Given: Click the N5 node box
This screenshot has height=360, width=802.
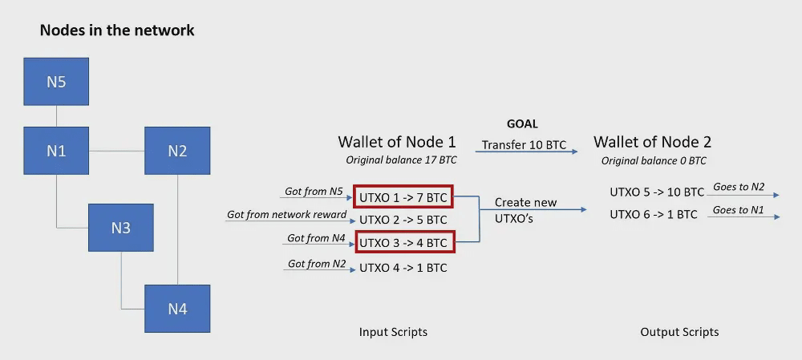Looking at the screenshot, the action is coord(56,81).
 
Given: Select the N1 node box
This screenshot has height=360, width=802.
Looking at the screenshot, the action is coord(56,151).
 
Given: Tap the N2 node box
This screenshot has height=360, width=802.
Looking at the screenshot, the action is coord(177,151).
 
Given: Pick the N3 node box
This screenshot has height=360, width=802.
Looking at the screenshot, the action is coord(121,228).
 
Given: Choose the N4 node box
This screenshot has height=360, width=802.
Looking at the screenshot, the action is coord(177,309).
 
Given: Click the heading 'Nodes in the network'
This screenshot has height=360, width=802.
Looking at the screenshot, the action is coord(117,30).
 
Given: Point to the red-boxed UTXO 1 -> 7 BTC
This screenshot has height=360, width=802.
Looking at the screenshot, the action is coord(403,197).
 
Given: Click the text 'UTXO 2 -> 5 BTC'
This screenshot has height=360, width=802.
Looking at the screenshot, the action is coord(403,220).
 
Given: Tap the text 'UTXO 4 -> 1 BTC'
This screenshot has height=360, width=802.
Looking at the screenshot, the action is coord(403,268).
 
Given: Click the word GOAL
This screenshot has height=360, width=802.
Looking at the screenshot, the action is coord(522,124).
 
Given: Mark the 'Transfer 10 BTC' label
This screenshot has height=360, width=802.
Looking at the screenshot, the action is coord(525,144).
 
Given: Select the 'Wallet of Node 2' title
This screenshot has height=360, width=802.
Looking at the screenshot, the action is coord(652,142).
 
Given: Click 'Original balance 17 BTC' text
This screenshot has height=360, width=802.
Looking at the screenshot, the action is coord(401,160).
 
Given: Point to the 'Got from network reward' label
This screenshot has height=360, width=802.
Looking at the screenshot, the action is coord(287,214).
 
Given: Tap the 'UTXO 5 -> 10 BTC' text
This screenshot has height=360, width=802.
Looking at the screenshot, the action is coord(658,192).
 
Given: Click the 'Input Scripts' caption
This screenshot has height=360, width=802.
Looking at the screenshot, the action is coord(393,333).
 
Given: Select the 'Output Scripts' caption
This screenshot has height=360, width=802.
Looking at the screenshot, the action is coord(679,333).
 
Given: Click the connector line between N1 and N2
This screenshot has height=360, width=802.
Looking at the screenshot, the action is coord(116,151).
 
